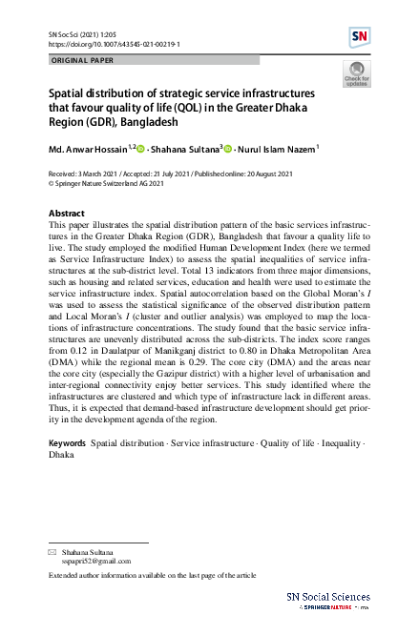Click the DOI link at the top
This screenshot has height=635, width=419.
[114, 44]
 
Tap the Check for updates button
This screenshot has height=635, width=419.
[357, 74]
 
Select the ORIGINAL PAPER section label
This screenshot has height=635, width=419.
[83, 60]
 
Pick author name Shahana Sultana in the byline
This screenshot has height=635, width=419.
[186, 150]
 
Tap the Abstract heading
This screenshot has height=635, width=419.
[66, 213]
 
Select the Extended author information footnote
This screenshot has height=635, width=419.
[152, 576]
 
